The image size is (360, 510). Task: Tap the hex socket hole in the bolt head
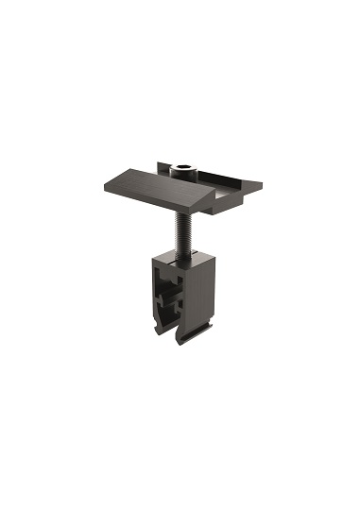(183, 169)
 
